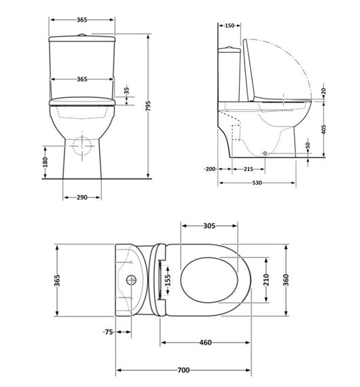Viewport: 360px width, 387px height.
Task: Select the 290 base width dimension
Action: [82, 197]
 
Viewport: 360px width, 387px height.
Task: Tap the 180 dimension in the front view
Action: [46, 163]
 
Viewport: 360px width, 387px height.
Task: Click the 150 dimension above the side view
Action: [229, 25]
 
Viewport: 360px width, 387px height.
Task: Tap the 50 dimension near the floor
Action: [308, 147]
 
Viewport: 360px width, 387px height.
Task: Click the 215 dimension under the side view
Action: [249, 168]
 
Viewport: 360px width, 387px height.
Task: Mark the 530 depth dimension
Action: [256, 183]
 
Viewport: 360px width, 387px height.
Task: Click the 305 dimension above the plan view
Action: [209, 226]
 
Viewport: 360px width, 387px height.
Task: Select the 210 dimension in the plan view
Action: [267, 278]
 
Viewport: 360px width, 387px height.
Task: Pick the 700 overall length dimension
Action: [183, 370]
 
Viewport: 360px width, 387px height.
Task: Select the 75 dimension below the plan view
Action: [107, 332]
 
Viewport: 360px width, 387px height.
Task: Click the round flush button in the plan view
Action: [131, 279]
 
